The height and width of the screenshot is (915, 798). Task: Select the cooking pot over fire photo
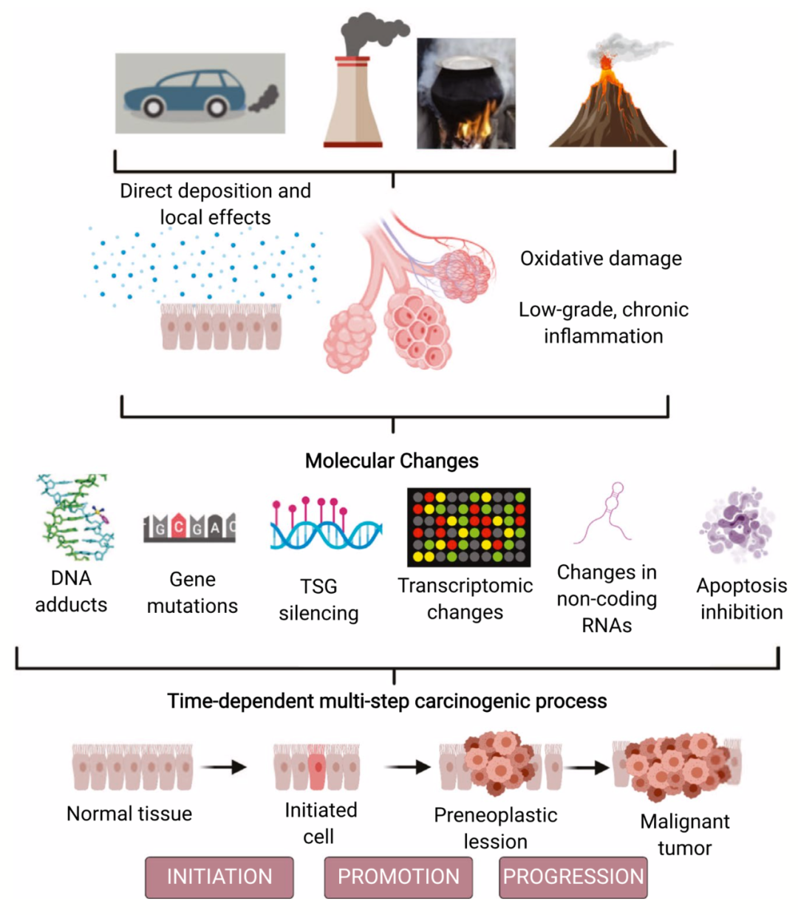tap(465, 94)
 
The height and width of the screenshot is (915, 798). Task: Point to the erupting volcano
tap(608, 103)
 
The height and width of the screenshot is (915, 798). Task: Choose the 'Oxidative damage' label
tap(601, 258)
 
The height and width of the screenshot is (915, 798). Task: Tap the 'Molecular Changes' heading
tap(392, 461)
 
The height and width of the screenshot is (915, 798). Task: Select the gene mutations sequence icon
tap(190, 527)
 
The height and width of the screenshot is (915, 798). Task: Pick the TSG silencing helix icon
tap(325, 526)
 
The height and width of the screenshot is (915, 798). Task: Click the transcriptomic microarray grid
tap(468, 527)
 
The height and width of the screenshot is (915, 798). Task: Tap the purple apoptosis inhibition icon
tap(737, 525)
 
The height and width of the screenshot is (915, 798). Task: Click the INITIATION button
tap(219, 877)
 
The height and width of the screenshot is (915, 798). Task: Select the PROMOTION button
tap(398, 877)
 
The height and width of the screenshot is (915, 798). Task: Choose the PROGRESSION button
tap(573, 877)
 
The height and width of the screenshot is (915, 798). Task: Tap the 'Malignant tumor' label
tap(685, 835)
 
